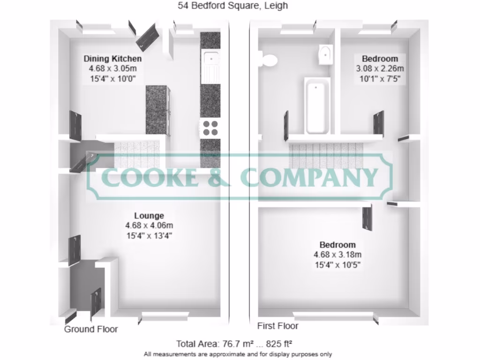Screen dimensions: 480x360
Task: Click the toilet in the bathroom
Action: click(x=269, y=60)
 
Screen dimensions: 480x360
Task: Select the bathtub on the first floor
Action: click(x=317, y=105)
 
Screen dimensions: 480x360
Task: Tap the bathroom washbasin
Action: click(x=326, y=54)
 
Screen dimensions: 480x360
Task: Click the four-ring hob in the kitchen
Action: click(x=210, y=128)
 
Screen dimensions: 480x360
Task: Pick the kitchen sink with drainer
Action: click(x=210, y=66)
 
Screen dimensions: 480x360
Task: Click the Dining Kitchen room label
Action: click(x=112, y=59)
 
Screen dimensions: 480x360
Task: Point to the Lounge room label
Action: click(x=149, y=216)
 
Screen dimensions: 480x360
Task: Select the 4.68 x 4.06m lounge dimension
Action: click(x=149, y=225)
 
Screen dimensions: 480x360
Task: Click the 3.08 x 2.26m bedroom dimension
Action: click(x=380, y=68)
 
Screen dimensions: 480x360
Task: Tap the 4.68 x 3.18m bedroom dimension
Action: click(x=337, y=255)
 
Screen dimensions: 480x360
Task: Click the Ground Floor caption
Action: click(x=91, y=329)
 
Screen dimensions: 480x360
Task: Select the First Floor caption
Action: click(x=277, y=326)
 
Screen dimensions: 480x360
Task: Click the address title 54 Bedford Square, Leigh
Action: click(x=233, y=6)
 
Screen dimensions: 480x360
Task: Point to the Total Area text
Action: click(x=234, y=344)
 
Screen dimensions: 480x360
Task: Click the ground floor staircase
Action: click(x=137, y=155)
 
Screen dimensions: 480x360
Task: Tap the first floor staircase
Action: click(x=326, y=156)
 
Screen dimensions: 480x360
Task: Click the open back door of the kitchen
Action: click(x=148, y=37)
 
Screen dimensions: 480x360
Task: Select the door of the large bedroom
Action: click(x=367, y=218)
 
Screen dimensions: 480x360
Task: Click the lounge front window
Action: click(x=165, y=316)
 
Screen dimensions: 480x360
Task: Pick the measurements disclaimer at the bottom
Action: click(x=238, y=354)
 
